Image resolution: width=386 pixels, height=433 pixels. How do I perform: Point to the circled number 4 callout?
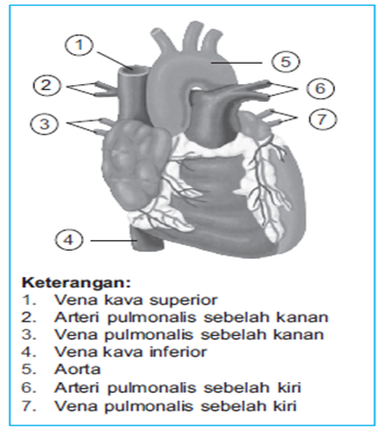click(68, 238)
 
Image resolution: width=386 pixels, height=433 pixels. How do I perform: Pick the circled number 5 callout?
click(285, 61)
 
